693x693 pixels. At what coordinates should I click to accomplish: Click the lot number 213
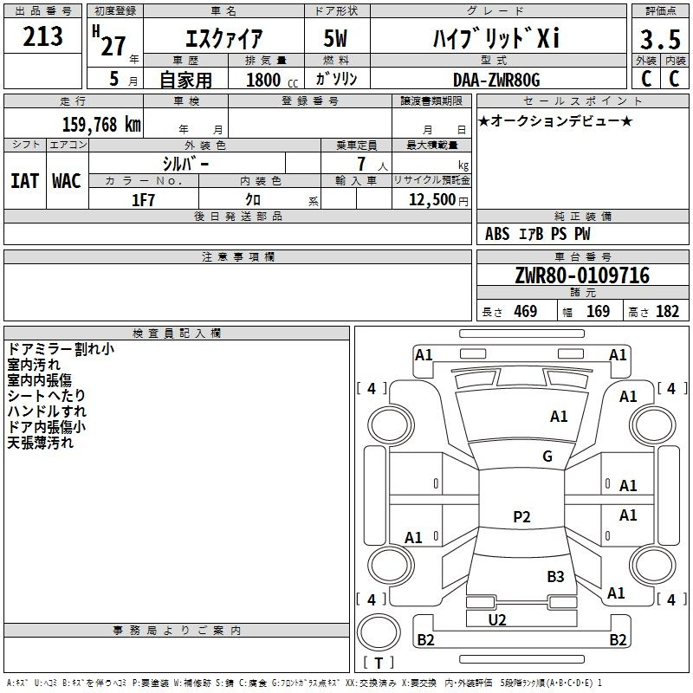43,36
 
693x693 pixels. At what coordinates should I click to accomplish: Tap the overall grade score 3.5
659,40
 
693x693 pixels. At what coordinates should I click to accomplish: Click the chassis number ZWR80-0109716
581,276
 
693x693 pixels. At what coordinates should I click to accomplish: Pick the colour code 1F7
143,199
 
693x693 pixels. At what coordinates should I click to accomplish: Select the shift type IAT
24,181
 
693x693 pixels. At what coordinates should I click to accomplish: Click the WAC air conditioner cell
67,181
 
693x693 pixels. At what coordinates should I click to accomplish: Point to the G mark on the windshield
547,457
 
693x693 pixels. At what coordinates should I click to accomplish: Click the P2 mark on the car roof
521,517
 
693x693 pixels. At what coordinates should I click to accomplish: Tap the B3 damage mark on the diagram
555,576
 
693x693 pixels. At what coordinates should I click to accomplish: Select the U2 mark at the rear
497,619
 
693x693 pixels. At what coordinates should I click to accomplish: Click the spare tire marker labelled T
378,663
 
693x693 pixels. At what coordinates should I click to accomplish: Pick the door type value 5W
338,39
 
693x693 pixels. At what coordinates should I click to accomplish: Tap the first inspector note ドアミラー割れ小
60,349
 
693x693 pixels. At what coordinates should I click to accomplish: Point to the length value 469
525,312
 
